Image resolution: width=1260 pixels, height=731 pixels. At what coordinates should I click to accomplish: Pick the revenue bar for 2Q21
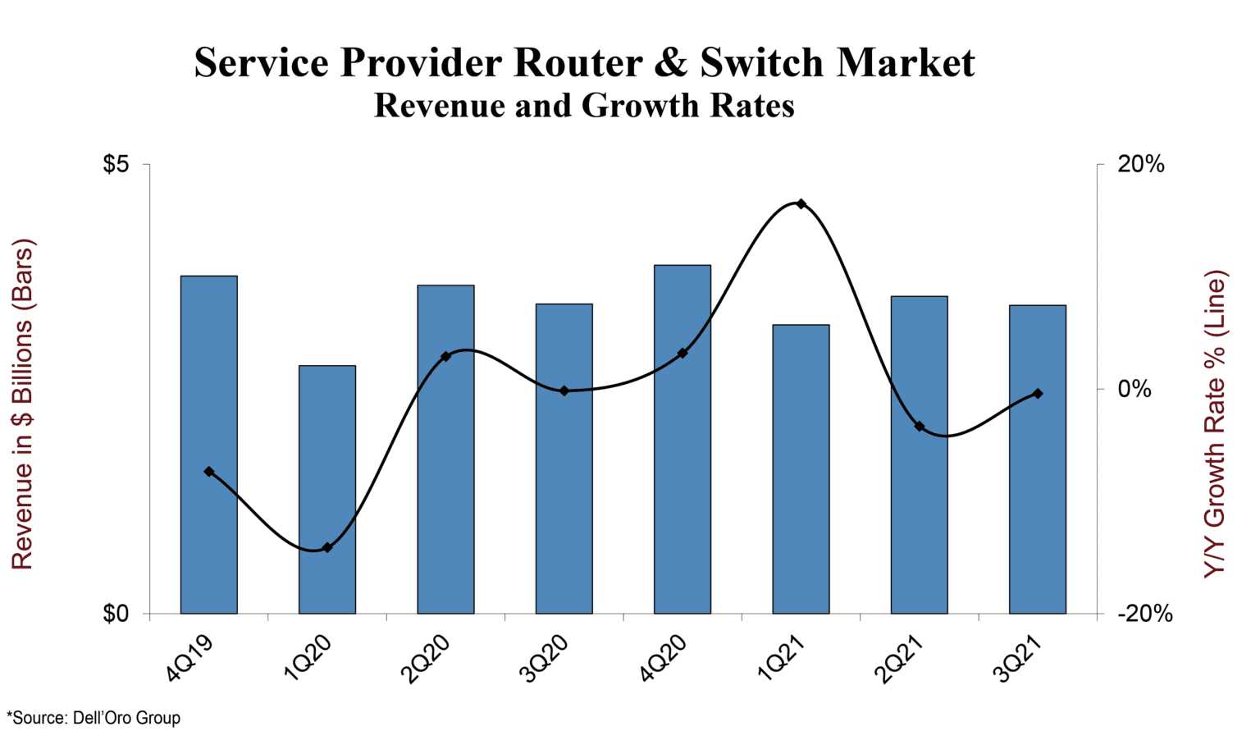click(x=919, y=455)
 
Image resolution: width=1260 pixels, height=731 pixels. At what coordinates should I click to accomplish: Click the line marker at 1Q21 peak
click(x=801, y=204)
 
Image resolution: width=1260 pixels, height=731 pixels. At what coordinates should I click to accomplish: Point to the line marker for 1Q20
click(x=327, y=547)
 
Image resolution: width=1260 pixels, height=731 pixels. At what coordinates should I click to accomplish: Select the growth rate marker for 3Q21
click(x=1038, y=394)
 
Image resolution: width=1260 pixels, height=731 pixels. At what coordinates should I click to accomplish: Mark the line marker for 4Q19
click(x=209, y=472)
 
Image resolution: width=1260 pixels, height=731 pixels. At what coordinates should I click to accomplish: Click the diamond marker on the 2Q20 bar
click(x=445, y=357)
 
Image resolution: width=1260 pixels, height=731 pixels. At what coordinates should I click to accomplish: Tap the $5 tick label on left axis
click(x=116, y=165)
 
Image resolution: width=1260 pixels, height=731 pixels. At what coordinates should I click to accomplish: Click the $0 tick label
click(x=116, y=614)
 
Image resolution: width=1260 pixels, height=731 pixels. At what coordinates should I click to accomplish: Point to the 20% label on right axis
click(x=1141, y=165)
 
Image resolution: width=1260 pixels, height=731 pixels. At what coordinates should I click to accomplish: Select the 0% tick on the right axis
click(x=1135, y=389)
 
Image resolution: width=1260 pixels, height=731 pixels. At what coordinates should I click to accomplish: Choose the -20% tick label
click(x=1145, y=614)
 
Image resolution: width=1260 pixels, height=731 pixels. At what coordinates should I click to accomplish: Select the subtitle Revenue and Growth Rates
click(x=584, y=106)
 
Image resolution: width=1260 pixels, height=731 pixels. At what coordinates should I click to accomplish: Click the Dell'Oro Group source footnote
click(x=94, y=718)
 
